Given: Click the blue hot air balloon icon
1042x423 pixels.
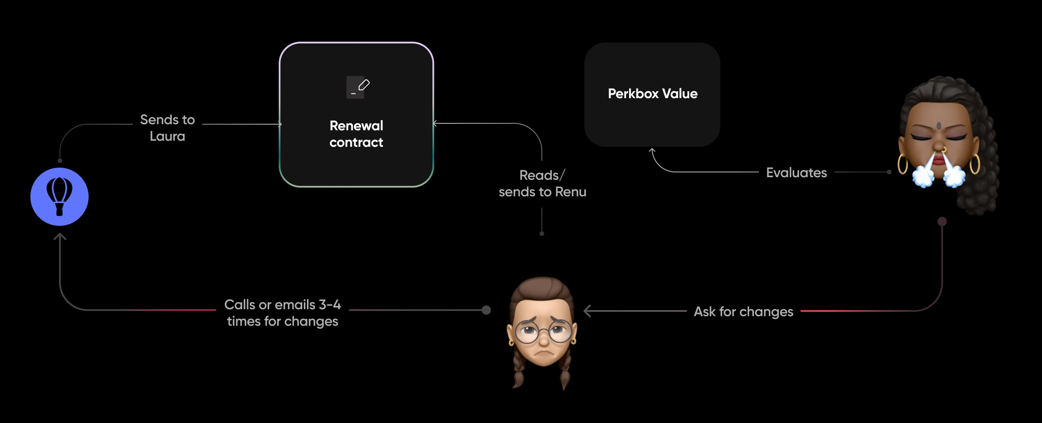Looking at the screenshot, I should point(59,197).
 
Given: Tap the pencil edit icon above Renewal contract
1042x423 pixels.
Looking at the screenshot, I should point(358,87).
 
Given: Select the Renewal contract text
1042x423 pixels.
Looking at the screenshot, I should point(356,134).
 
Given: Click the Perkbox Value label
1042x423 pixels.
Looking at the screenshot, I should point(653,94).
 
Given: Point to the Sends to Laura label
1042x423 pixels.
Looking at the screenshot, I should point(167,128).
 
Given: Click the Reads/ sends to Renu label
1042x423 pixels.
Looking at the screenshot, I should point(542,183).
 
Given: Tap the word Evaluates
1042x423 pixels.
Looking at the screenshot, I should point(796,173).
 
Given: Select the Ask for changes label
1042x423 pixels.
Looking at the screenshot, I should point(743,312).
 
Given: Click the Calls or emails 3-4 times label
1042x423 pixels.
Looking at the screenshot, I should point(282,313).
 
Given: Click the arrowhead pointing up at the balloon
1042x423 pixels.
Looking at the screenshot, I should point(60,237).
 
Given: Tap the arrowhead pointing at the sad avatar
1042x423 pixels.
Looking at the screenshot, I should point(587,311).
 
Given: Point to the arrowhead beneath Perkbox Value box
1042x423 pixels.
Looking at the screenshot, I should point(652,151).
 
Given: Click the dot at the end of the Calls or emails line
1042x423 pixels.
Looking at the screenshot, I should point(486,310).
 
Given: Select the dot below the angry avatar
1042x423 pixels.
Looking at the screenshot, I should point(942,221).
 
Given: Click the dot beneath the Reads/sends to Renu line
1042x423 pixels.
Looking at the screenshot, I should point(542,234).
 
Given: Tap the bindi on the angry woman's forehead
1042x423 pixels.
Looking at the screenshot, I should point(939,126).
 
